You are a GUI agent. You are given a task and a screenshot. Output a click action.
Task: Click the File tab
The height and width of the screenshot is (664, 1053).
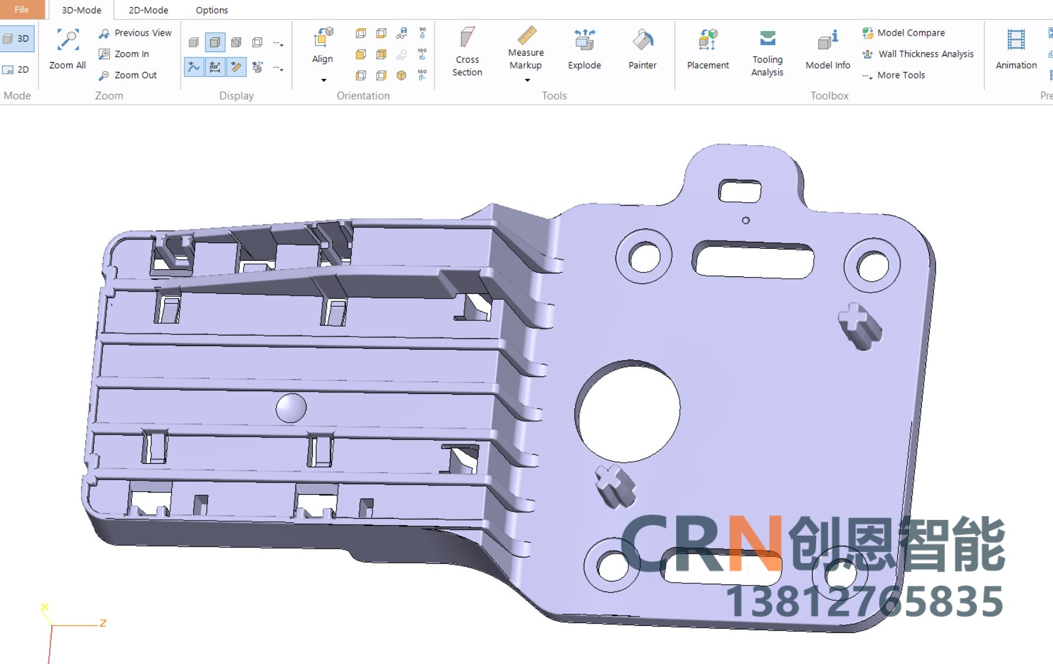point(22,9)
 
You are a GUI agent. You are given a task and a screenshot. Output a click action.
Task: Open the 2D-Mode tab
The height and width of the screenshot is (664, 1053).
point(149,10)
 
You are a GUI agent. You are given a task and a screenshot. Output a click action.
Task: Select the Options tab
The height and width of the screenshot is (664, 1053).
point(212,10)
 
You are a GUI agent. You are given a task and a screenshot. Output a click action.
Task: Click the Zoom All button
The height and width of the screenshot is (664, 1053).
point(67,49)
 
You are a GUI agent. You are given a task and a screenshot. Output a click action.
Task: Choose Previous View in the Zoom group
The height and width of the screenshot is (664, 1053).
point(135,33)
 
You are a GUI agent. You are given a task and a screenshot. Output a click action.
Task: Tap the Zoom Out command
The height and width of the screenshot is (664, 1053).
point(128,75)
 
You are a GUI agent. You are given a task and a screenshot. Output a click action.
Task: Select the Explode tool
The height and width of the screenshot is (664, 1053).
point(584,49)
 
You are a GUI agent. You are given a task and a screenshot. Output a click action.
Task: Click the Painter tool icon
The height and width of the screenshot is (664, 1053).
point(643,40)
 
